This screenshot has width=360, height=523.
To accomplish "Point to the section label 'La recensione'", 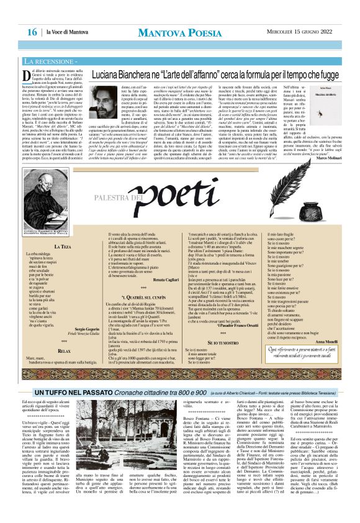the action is coord(51,62).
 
